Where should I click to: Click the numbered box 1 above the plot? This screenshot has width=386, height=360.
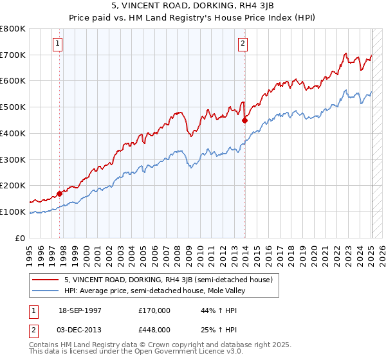coord(58,44)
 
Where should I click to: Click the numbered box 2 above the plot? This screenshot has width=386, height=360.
coord(243,44)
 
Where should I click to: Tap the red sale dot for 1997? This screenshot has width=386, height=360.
coord(59,193)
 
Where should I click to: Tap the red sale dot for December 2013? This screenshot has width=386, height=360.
coord(244,120)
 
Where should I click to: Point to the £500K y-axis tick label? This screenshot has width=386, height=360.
coord(13,107)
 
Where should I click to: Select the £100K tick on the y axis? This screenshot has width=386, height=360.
coord(13,212)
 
